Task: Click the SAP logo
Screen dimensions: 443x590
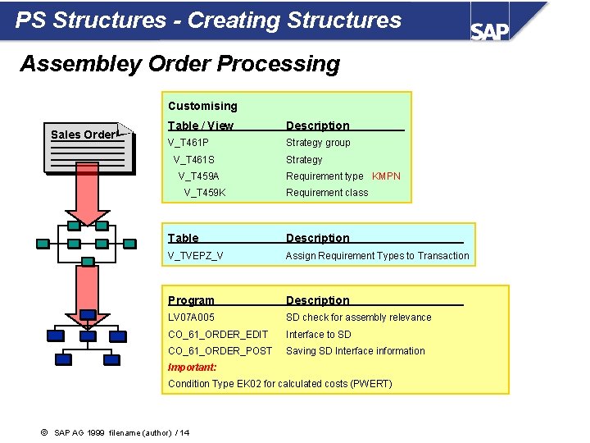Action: [490, 30]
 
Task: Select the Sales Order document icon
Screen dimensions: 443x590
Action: [87, 148]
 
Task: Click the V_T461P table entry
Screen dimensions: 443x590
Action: [188, 143]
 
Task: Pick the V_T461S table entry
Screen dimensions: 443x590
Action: [194, 160]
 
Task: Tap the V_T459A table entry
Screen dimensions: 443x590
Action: [199, 176]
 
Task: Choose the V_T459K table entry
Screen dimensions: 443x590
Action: [205, 193]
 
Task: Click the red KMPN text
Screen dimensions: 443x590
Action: [386, 176]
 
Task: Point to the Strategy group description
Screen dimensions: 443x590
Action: [318, 143]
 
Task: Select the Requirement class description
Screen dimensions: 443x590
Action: [327, 193]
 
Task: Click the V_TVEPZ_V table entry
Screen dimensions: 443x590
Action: [196, 256]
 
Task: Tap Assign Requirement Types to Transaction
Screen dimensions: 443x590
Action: [377, 256]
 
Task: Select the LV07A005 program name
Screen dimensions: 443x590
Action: [191, 317]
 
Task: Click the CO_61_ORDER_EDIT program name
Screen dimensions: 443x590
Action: [218, 335]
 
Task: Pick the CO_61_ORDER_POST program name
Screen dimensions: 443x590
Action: [220, 351]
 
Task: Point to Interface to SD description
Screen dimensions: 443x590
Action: [318, 335]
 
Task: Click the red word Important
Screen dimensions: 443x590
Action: [192, 368]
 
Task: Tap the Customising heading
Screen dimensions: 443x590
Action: [202, 106]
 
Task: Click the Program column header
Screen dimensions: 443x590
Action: [191, 300]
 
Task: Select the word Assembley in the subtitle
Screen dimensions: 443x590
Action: [75, 63]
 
